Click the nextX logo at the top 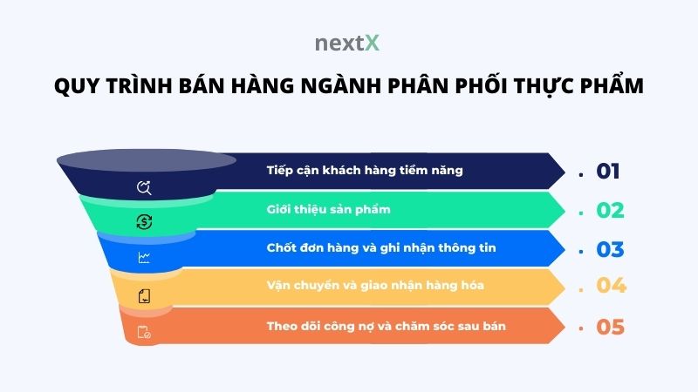[x=348, y=42]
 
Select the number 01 [x=608, y=171]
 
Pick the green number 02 [x=610, y=210]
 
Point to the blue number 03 [x=610, y=249]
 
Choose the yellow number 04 [x=611, y=286]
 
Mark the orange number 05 [x=610, y=328]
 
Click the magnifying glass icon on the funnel [x=145, y=187]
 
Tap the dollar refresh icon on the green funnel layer [x=145, y=222]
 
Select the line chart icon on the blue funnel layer [x=144, y=258]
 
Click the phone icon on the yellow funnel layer [x=144, y=296]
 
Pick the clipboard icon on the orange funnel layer [x=144, y=332]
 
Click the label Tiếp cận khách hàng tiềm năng [x=365, y=170]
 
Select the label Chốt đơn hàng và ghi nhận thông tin [x=381, y=248]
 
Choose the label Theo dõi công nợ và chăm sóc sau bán [x=387, y=326]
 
